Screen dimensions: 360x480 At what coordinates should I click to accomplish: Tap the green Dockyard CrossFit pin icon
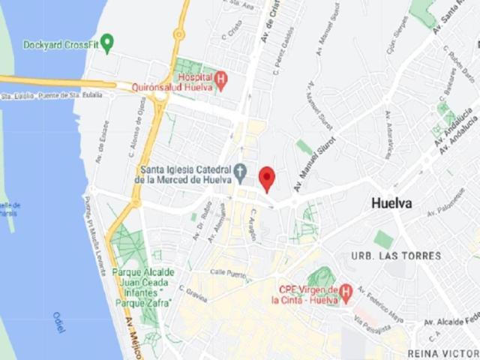[x=107, y=44]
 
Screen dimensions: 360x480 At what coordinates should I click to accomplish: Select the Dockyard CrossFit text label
[x=61, y=45]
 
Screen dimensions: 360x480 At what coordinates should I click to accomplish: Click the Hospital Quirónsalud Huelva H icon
[x=220, y=77]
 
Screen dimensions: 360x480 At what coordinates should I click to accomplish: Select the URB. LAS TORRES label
[x=396, y=256]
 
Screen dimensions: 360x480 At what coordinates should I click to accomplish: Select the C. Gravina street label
[x=194, y=292]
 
